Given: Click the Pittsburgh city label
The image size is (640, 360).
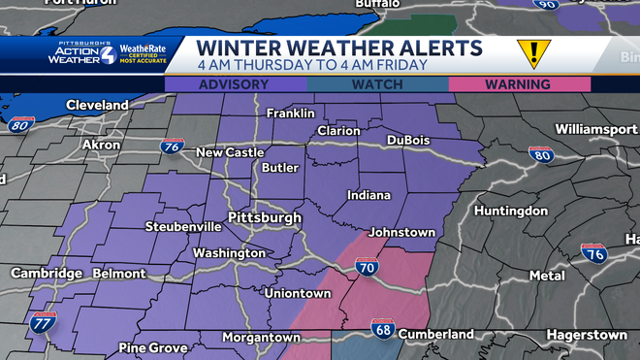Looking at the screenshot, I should click(264, 217).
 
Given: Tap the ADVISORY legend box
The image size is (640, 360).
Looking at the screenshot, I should click(235, 84).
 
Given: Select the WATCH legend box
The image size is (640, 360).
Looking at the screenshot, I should click(377, 84).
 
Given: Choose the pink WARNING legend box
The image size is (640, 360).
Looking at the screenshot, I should click(520, 84).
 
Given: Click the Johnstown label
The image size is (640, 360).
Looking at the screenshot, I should click(403, 232).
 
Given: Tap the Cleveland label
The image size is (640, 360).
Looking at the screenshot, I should click(97, 105).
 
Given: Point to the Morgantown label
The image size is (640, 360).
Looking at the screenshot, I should click(261, 337).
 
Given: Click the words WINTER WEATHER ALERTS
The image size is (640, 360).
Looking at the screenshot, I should click(338, 49).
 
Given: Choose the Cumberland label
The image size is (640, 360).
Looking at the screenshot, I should click(437, 334).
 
